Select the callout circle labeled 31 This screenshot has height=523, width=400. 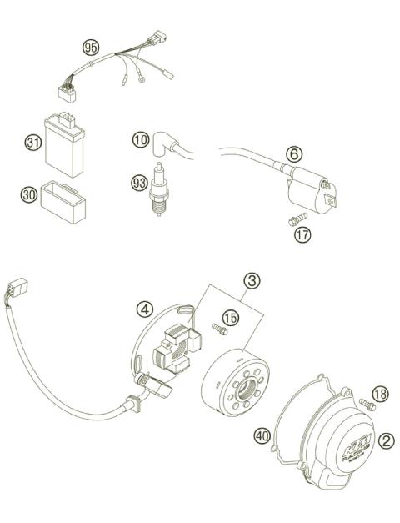point(33,143)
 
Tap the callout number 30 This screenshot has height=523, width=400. point(29,194)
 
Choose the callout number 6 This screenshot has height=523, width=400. point(292,153)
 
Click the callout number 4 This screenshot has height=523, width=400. point(145,310)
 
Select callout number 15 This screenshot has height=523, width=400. point(230,317)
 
